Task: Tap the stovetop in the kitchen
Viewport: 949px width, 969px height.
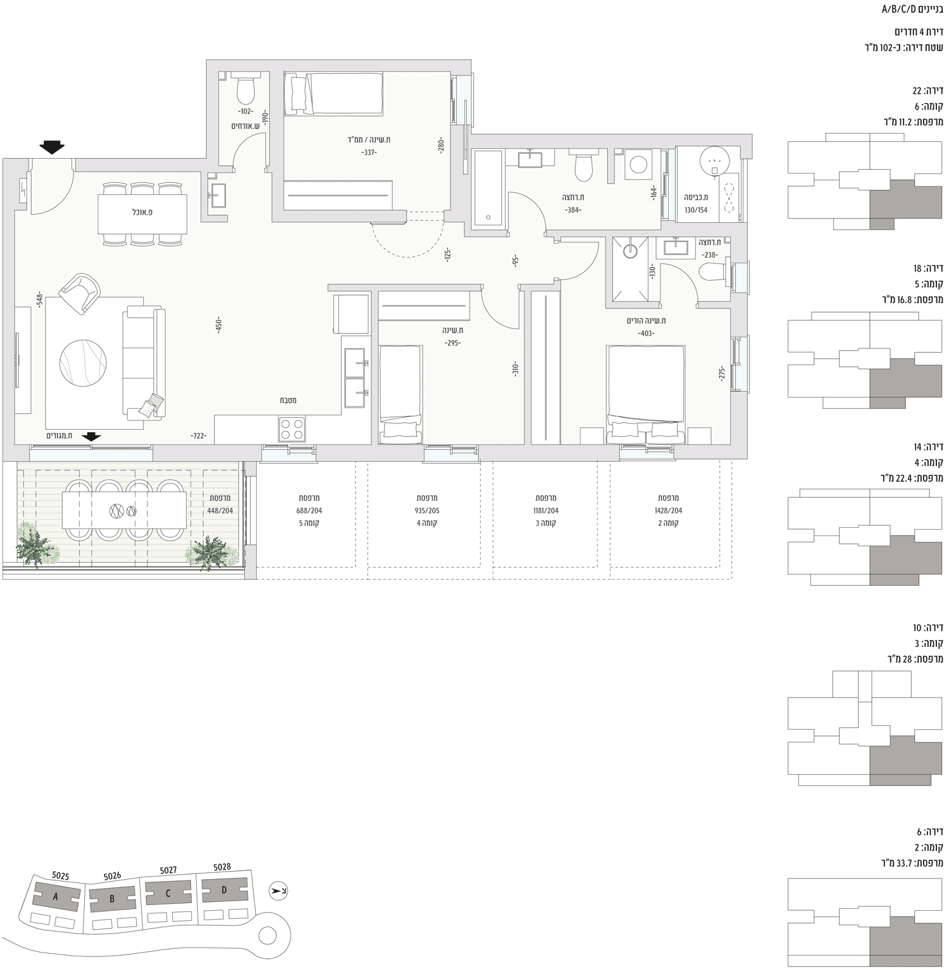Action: tap(292, 428)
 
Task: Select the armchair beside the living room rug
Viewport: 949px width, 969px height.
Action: tap(80, 292)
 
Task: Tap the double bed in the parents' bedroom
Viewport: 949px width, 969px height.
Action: tap(645, 393)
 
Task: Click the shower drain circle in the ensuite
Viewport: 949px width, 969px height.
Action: tap(630, 251)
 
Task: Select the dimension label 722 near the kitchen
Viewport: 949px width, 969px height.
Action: tap(199, 435)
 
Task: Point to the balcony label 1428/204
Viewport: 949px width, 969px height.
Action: tap(667, 511)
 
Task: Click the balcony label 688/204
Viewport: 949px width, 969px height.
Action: tap(309, 511)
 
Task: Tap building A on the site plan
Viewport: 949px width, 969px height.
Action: tap(56, 896)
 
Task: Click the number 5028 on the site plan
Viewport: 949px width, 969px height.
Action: tap(222, 867)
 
